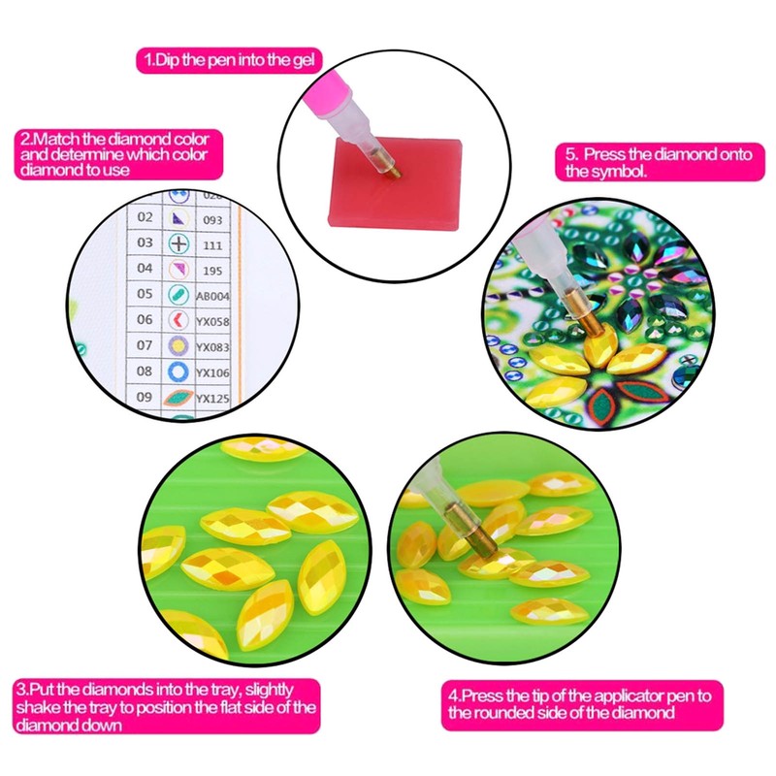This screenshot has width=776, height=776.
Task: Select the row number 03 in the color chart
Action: (x=145, y=242)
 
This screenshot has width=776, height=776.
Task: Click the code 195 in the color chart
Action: (x=211, y=270)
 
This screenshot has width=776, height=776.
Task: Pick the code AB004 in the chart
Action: (x=211, y=296)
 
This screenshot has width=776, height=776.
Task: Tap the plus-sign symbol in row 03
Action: (x=179, y=243)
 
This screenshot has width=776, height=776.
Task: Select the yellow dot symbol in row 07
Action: (x=179, y=346)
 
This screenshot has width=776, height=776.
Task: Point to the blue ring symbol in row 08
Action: (x=179, y=372)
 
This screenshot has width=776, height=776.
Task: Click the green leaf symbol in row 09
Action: (x=179, y=398)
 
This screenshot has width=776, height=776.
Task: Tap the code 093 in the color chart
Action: (x=211, y=220)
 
